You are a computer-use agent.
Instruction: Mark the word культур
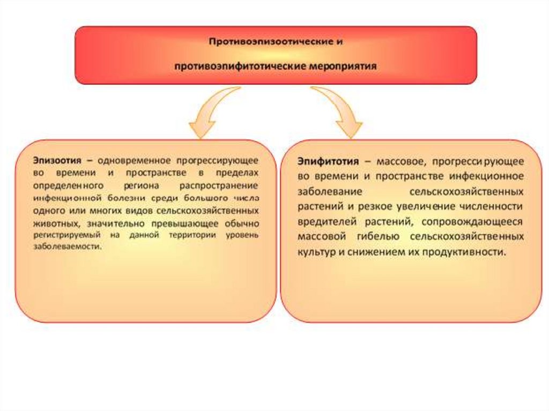[x=317, y=251]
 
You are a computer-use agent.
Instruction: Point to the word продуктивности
[x=464, y=251]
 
